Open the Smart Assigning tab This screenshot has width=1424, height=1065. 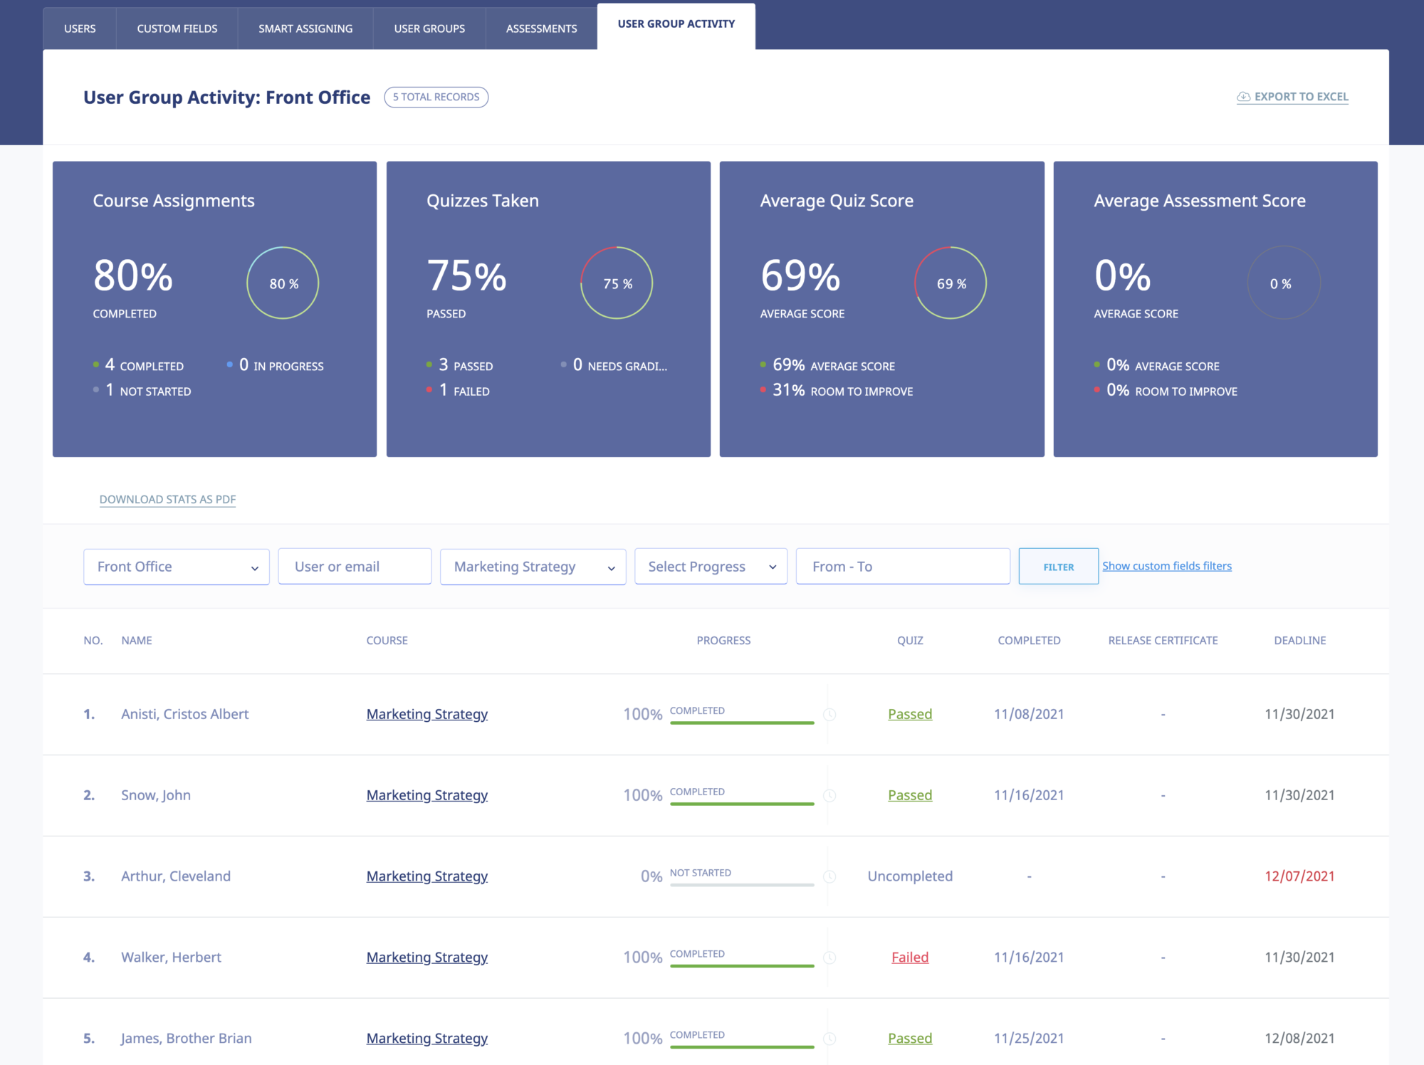click(x=305, y=28)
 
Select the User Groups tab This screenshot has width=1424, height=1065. click(x=429, y=28)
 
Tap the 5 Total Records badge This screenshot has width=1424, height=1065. click(x=436, y=97)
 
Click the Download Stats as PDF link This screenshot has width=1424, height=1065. click(x=167, y=499)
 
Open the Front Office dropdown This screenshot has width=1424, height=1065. click(x=176, y=567)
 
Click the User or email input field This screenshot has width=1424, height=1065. click(x=355, y=567)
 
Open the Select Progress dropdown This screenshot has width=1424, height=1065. click(x=711, y=567)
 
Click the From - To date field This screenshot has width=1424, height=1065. click(x=902, y=567)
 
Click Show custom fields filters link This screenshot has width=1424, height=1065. click(x=1166, y=566)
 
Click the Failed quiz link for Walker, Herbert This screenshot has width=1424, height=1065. click(x=909, y=958)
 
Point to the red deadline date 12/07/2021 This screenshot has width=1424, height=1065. click(x=1299, y=876)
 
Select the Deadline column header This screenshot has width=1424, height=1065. click(x=1299, y=641)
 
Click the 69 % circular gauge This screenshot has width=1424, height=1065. click(x=951, y=283)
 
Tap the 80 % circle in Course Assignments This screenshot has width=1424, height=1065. click(x=283, y=283)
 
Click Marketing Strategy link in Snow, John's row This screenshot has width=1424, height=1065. click(x=426, y=795)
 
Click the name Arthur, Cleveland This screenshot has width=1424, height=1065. click(x=176, y=876)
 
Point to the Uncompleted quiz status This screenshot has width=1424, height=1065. click(x=909, y=876)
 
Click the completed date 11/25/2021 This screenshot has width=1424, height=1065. click(x=1028, y=1039)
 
